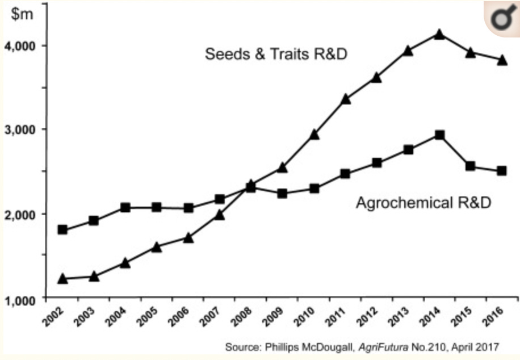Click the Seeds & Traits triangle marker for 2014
pyautogui.click(x=439, y=34)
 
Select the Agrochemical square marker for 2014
pyautogui.click(x=439, y=135)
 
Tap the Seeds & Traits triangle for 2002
pyautogui.click(x=62, y=278)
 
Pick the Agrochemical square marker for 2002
pyautogui.click(x=62, y=229)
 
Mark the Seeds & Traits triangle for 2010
pyautogui.click(x=313, y=135)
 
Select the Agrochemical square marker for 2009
pyautogui.click(x=282, y=194)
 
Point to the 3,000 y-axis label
pyautogui.click(x=20, y=129)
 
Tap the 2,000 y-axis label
pyautogui.click(x=20, y=214)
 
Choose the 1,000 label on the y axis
pyautogui.click(x=20, y=299)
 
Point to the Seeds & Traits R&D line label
pyautogui.click(x=276, y=55)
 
